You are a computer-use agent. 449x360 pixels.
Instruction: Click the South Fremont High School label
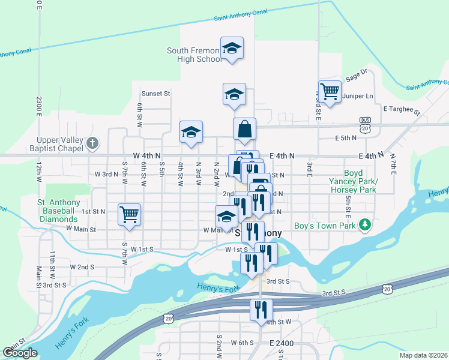click(194, 55)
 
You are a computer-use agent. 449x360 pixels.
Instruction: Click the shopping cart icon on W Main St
click(129, 214)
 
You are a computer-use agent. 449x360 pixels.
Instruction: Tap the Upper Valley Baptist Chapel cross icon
click(91, 143)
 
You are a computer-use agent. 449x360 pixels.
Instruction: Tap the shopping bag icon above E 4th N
click(244, 129)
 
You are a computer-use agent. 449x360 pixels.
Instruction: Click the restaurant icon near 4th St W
click(261, 310)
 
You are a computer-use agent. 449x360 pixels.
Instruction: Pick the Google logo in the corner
click(20, 353)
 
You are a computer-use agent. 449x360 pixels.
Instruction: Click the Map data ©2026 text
click(423, 355)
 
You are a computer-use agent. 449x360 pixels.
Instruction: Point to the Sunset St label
click(156, 94)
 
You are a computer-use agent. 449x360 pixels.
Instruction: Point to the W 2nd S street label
click(82, 267)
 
